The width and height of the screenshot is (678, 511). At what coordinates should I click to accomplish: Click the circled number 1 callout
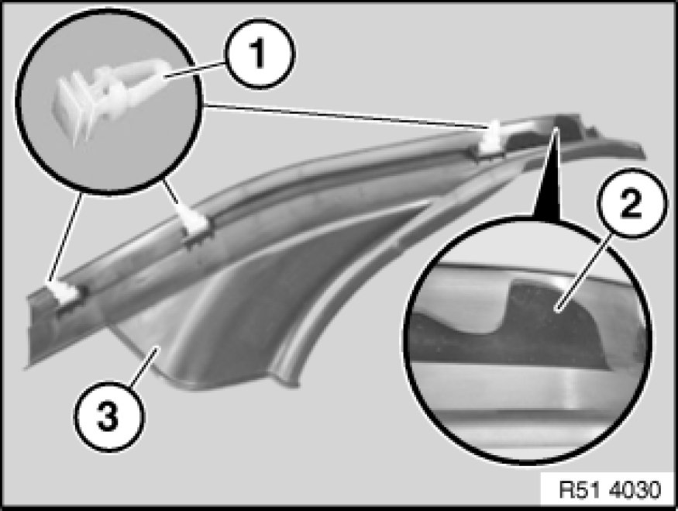tap(260, 54)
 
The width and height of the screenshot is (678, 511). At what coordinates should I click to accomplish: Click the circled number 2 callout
tap(632, 203)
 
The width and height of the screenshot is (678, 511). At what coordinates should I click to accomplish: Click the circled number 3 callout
tap(109, 416)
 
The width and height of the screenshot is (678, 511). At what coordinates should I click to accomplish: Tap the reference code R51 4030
tap(610, 490)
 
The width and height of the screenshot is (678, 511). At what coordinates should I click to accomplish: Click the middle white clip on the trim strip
tap(197, 221)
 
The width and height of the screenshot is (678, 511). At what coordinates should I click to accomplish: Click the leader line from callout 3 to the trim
tap(145, 366)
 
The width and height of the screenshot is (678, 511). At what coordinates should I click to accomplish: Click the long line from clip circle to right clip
tap(346, 115)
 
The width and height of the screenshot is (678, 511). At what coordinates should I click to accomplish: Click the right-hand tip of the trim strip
tap(643, 156)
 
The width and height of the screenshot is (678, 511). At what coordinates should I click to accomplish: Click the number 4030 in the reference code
tap(635, 490)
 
